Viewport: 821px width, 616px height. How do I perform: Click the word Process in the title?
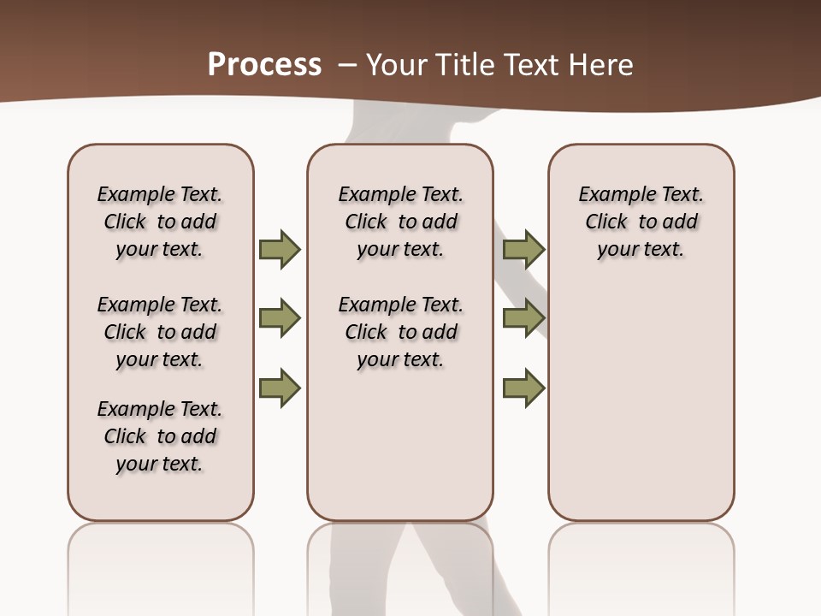pos(264,64)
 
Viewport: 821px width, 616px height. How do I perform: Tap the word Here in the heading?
pos(602,65)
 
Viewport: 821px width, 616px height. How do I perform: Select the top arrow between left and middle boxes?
pos(280,249)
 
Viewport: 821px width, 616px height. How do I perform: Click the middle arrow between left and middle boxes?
pos(280,318)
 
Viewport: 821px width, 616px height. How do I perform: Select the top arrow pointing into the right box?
pos(523,249)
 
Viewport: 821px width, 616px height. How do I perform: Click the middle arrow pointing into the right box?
pos(523,318)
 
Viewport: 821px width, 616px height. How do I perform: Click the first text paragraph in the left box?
pos(160,222)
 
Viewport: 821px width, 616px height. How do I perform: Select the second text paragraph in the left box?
pos(160,332)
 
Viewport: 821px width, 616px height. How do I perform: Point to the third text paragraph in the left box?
pos(160,436)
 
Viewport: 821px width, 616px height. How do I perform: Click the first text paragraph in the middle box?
pos(400,222)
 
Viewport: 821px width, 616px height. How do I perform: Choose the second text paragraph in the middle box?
pos(400,332)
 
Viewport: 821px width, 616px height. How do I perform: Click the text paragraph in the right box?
pos(641,222)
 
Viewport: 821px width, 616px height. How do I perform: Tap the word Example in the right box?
pos(613,195)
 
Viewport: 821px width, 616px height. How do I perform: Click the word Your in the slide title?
pos(393,65)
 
